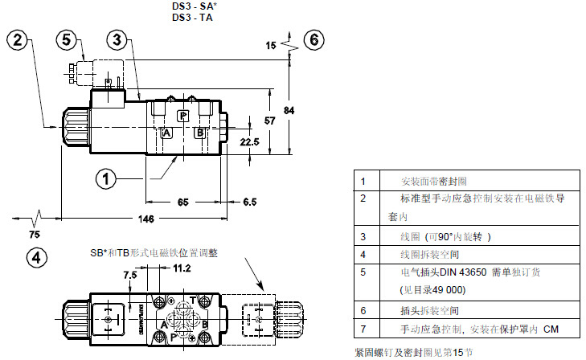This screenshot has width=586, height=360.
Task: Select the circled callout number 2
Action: point(21,38)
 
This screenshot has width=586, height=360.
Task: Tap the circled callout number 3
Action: point(117,38)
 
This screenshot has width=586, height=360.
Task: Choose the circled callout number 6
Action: point(314,39)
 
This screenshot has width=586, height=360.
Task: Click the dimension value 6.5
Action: point(251,202)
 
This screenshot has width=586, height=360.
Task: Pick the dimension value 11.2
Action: point(182,268)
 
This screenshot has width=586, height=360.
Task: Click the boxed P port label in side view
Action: point(182,116)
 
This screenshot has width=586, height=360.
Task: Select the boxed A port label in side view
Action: point(166,133)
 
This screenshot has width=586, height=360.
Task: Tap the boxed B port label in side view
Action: point(199,133)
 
